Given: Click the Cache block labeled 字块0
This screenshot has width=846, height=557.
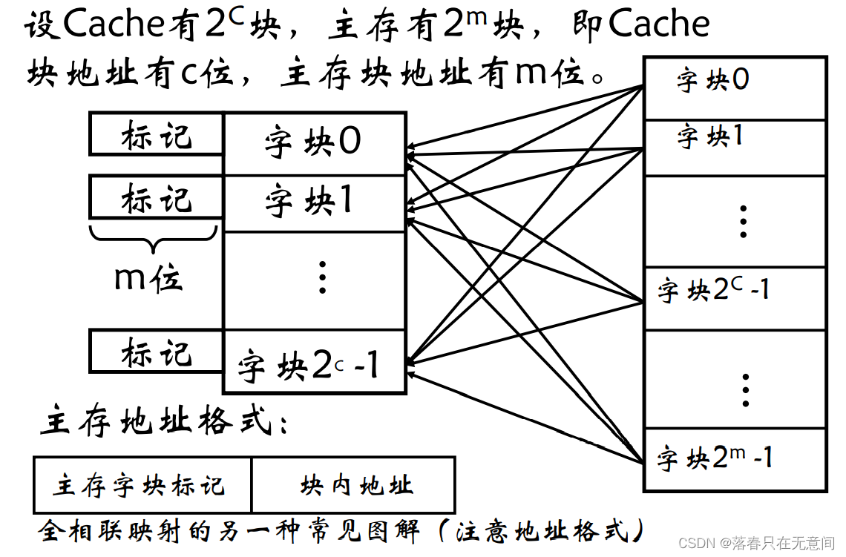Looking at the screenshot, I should point(314,142).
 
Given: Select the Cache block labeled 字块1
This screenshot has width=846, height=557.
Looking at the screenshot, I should point(314,202).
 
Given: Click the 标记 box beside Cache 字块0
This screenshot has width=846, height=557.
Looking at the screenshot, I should point(156,135).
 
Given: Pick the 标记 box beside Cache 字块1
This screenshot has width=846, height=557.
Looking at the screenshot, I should point(156,197).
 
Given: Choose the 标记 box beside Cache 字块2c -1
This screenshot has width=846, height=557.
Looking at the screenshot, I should point(156,352).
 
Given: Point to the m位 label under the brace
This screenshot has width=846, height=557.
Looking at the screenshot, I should point(148,277).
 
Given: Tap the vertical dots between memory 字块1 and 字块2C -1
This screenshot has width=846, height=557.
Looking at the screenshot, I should point(743,221).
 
